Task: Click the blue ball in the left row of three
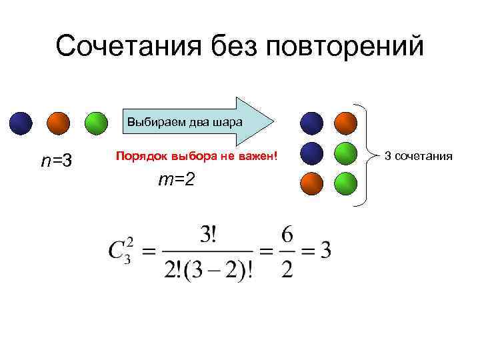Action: point(21,123)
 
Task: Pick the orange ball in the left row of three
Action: point(59,123)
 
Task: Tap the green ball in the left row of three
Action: point(97,123)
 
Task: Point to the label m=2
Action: point(176,179)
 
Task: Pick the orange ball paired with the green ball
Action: point(312,184)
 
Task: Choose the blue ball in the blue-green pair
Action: point(312,153)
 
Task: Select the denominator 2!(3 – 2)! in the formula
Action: point(209,270)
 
